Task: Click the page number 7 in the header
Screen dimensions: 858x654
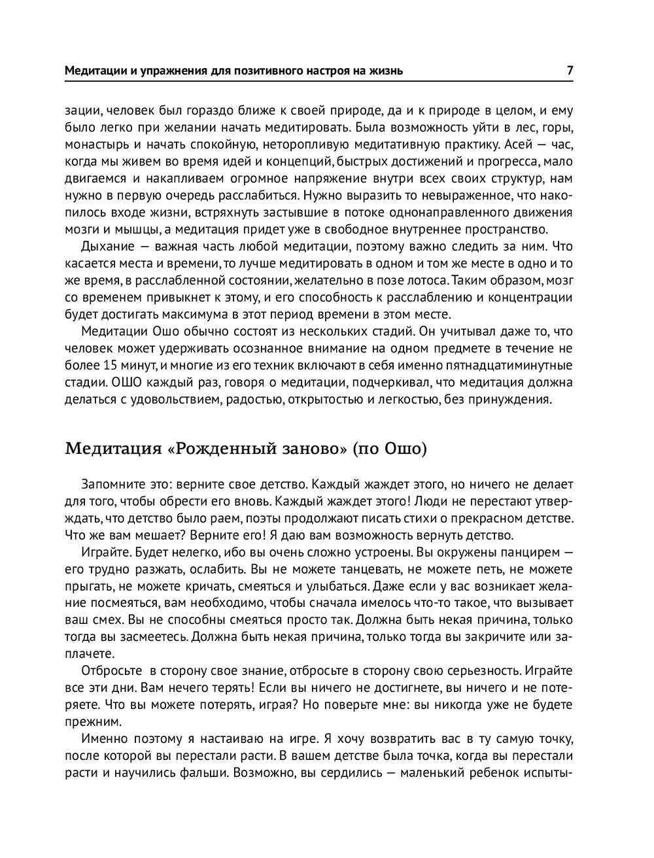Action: tap(570, 70)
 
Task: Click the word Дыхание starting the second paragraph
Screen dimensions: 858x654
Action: tap(107, 247)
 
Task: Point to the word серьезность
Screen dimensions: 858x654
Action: tap(484, 671)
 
